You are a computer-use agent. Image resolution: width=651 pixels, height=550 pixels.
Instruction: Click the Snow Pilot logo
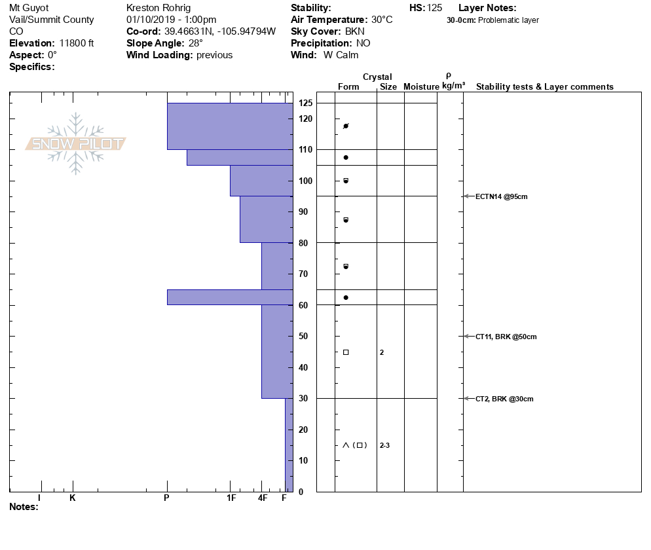click(76, 143)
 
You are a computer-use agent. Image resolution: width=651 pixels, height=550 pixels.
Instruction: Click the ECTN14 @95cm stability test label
click(501, 196)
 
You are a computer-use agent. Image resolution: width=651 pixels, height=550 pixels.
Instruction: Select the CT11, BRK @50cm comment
click(506, 337)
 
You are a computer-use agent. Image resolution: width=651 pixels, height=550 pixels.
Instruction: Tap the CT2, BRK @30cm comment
click(504, 399)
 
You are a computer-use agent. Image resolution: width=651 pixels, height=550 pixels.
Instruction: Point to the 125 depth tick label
click(305, 103)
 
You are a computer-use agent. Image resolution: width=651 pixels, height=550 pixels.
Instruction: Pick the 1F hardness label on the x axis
click(231, 498)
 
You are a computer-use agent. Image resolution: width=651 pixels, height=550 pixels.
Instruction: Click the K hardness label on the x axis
click(73, 498)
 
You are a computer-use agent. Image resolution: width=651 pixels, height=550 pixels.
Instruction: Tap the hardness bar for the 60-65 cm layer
click(230, 297)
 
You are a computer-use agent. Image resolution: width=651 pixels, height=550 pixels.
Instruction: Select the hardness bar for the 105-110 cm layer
click(240, 158)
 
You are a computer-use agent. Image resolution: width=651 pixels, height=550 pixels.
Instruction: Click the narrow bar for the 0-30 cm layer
click(289, 445)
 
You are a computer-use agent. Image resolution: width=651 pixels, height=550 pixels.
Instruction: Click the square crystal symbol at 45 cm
click(346, 352)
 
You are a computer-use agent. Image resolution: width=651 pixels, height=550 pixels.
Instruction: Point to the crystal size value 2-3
click(384, 446)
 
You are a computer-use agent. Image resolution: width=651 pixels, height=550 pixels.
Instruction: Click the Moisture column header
click(421, 87)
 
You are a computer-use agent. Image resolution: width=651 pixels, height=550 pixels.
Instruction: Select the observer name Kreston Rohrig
click(158, 8)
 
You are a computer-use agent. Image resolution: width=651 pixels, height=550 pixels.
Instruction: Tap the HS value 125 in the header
click(434, 8)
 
